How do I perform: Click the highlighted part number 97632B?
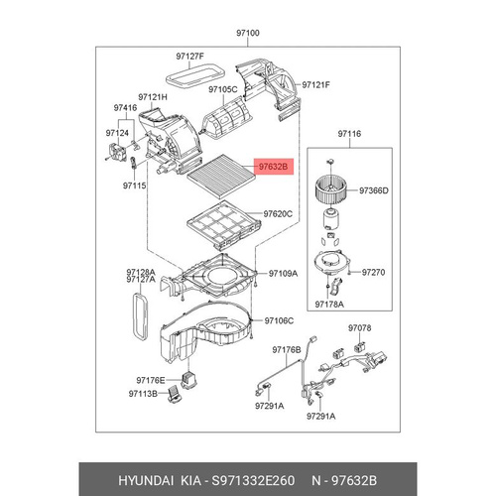pyautogui.click(x=273, y=167)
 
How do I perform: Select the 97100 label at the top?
pyautogui.click(x=248, y=33)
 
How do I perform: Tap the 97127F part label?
pyautogui.click(x=189, y=57)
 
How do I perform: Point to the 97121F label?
pyautogui.click(x=315, y=85)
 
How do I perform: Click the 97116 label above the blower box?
pyautogui.click(x=349, y=134)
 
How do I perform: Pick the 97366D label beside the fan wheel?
pyautogui.click(x=374, y=190)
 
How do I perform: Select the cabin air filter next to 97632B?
pyautogui.click(x=221, y=175)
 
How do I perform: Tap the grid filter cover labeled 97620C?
pyautogui.click(x=224, y=225)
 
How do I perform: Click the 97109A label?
pyautogui.click(x=283, y=274)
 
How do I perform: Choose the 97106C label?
pyautogui.click(x=279, y=320)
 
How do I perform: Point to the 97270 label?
pyautogui.click(x=373, y=273)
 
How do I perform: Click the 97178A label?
pyautogui.click(x=329, y=305)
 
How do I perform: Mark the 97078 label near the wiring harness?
pyautogui.click(x=359, y=328)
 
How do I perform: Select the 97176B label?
pyautogui.click(x=287, y=350)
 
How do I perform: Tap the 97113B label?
pyautogui.click(x=143, y=394)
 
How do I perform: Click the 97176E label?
pyautogui.click(x=151, y=380)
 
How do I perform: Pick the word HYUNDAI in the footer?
pyautogui.click(x=146, y=480)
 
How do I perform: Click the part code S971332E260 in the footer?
pyautogui.click(x=253, y=480)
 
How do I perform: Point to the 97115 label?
pyautogui.click(x=135, y=186)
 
